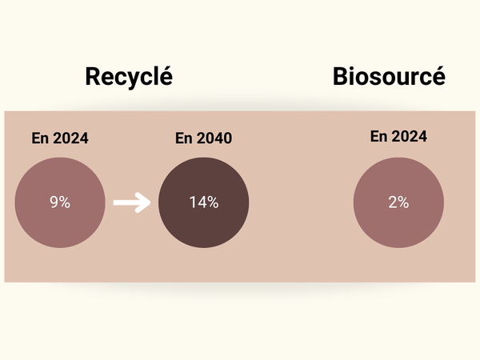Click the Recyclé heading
click(x=129, y=77)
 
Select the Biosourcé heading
click(x=389, y=76)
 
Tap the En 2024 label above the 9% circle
click(x=60, y=138)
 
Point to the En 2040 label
click(x=203, y=138)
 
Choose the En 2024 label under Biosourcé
click(x=398, y=136)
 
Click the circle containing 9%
click(x=60, y=202)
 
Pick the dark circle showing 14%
click(x=203, y=202)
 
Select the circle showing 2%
click(x=398, y=202)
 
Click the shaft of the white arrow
click(x=127, y=202)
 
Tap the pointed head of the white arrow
click(x=150, y=202)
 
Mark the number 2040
click(x=214, y=138)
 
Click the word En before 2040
click(x=184, y=138)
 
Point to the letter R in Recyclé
click(x=93, y=77)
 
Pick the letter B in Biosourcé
click(x=340, y=76)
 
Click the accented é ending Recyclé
click(x=166, y=76)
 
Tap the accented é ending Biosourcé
click(x=438, y=76)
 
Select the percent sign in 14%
click(x=213, y=202)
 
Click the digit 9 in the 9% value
click(x=54, y=202)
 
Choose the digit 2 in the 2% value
click(x=393, y=202)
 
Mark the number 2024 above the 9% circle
click(x=70, y=138)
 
